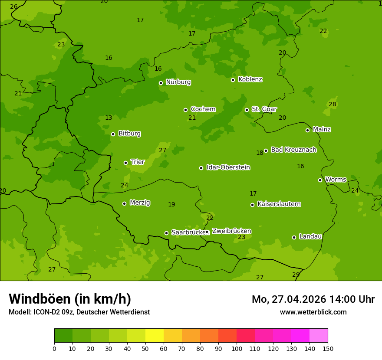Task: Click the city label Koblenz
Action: [x=250, y=79]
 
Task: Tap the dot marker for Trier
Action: [x=126, y=163]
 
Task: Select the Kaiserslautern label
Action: [x=279, y=204]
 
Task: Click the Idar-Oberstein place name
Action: [x=228, y=167]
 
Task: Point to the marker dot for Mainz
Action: [x=307, y=130]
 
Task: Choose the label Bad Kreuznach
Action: [x=293, y=150]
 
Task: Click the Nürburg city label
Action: [x=178, y=82]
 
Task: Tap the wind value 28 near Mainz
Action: [x=333, y=105]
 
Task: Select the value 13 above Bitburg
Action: [x=109, y=118]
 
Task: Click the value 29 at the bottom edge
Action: [x=296, y=275]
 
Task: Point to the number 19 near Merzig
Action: [x=171, y=204]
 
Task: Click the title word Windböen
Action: [x=40, y=299]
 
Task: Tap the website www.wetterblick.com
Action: [x=313, y=312]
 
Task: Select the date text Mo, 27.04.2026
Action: [x=289, y=299]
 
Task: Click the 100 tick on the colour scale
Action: [x=237, y=348]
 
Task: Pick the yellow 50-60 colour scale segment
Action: [x=155, y=336]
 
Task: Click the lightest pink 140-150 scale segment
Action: [x=319, y=336]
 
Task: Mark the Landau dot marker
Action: [x=294, y=237]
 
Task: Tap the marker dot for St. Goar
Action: [x=247, y=110]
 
